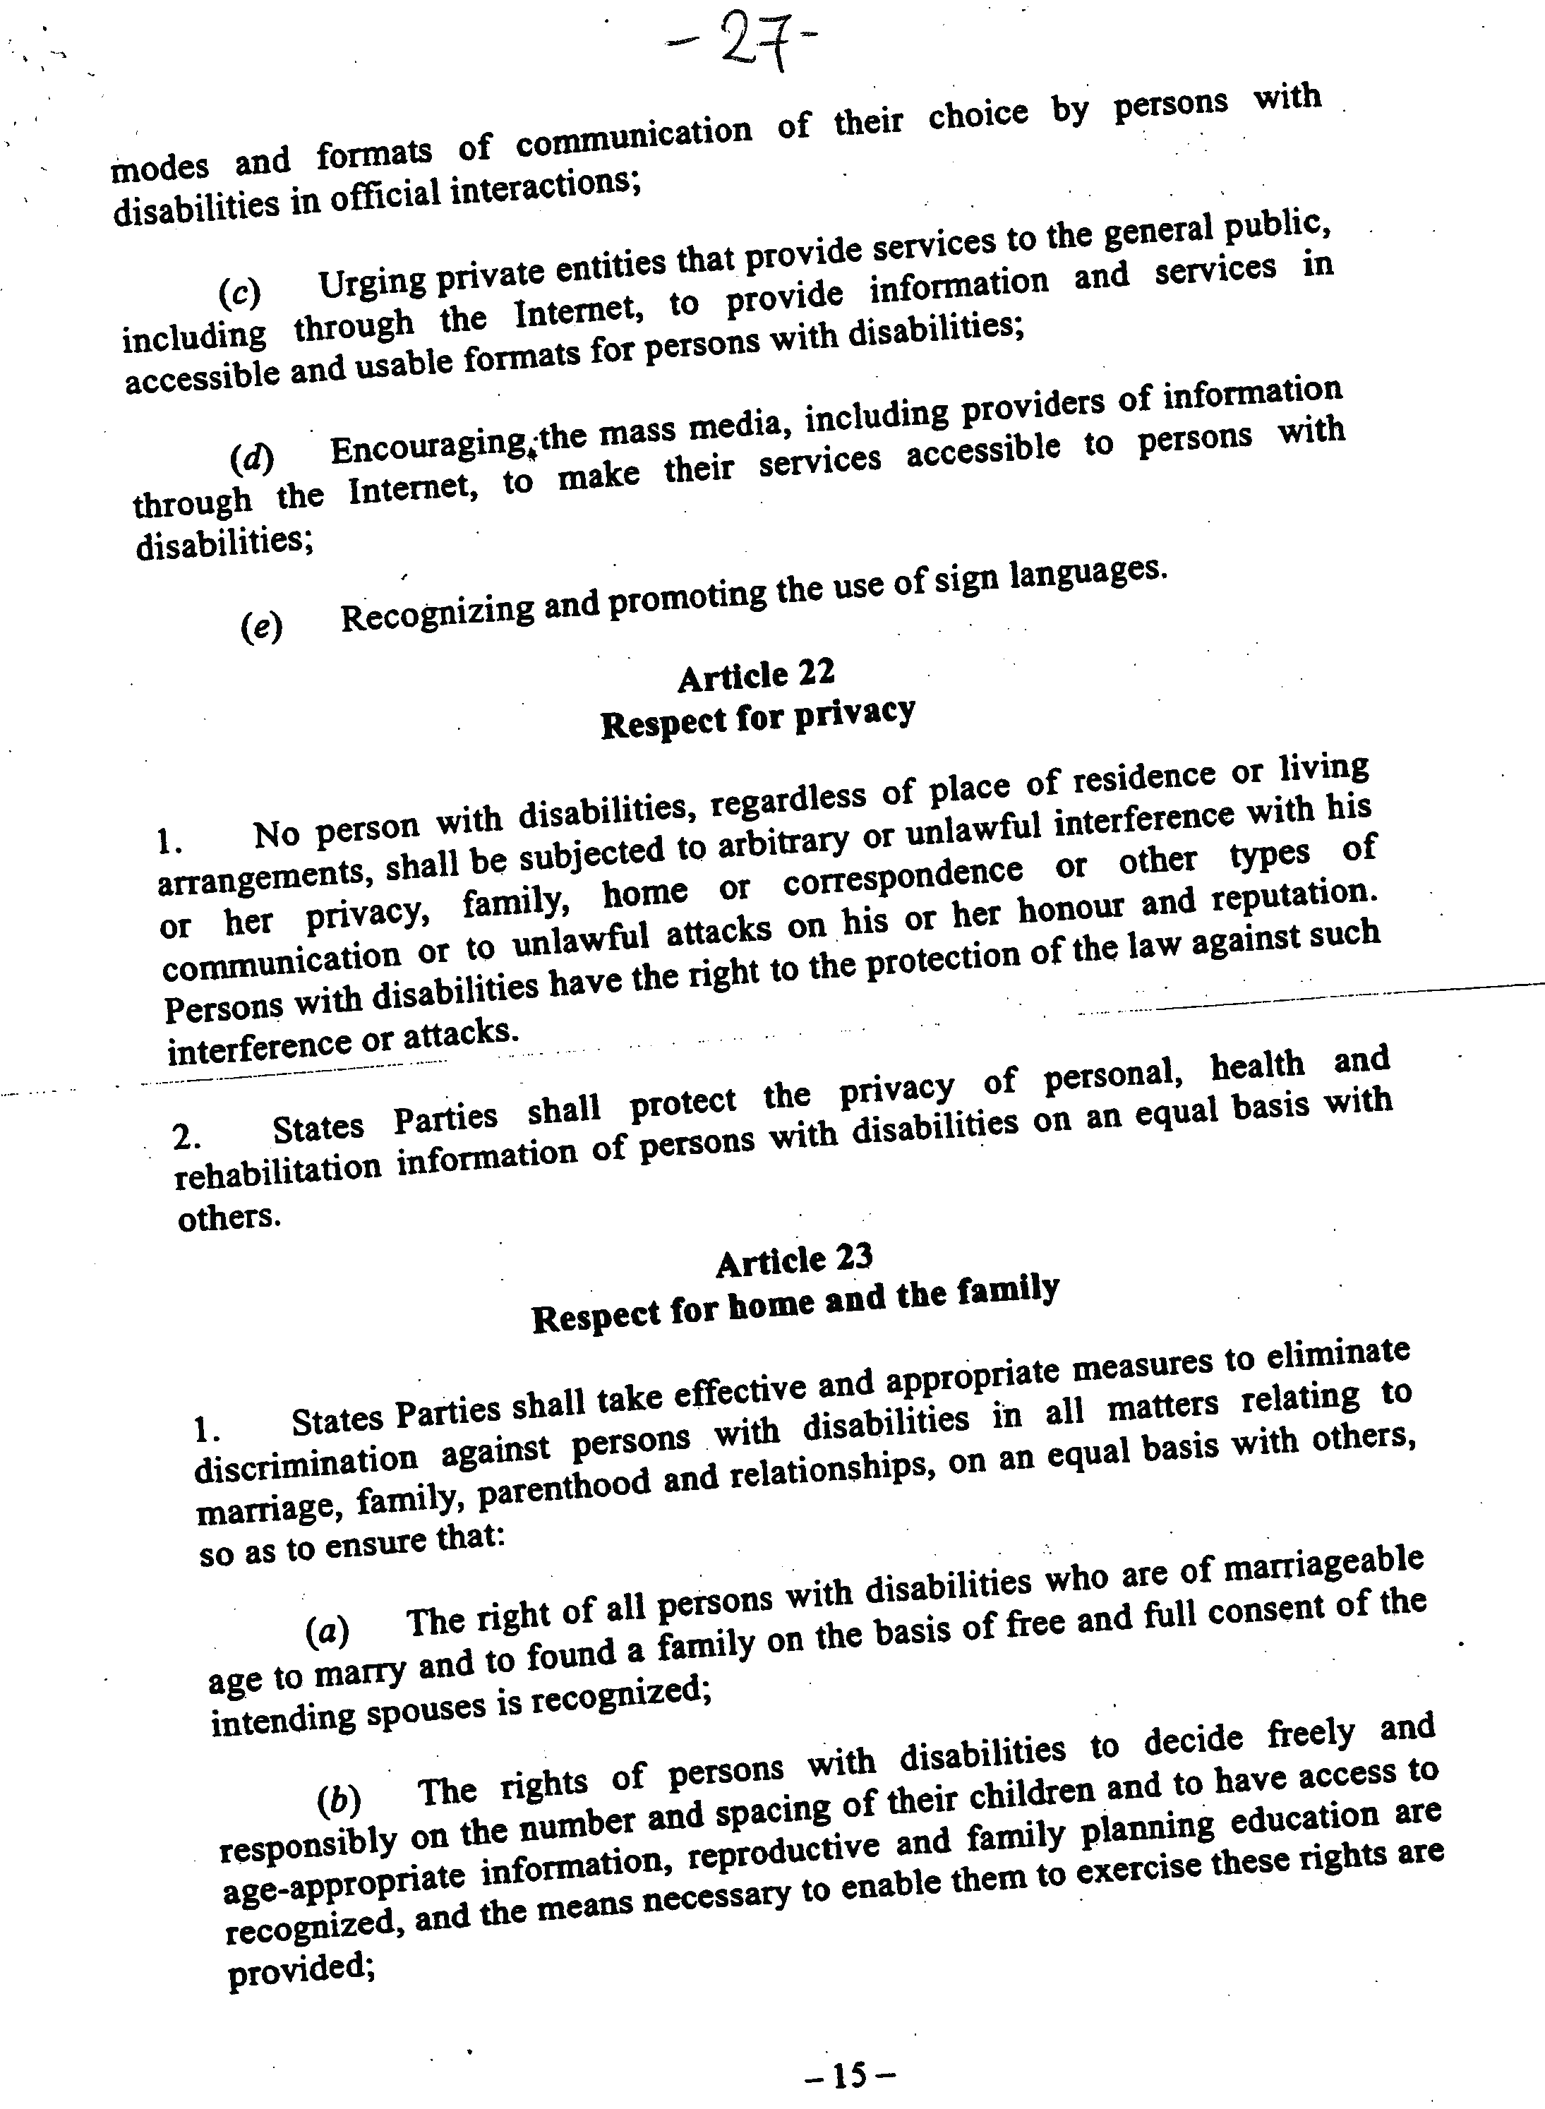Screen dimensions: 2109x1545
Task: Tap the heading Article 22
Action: pos(756,674)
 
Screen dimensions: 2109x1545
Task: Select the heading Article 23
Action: pos(794,1260)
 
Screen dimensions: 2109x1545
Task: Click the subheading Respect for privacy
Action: pos(757,717)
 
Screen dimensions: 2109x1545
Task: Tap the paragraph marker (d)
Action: pos(251,458)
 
